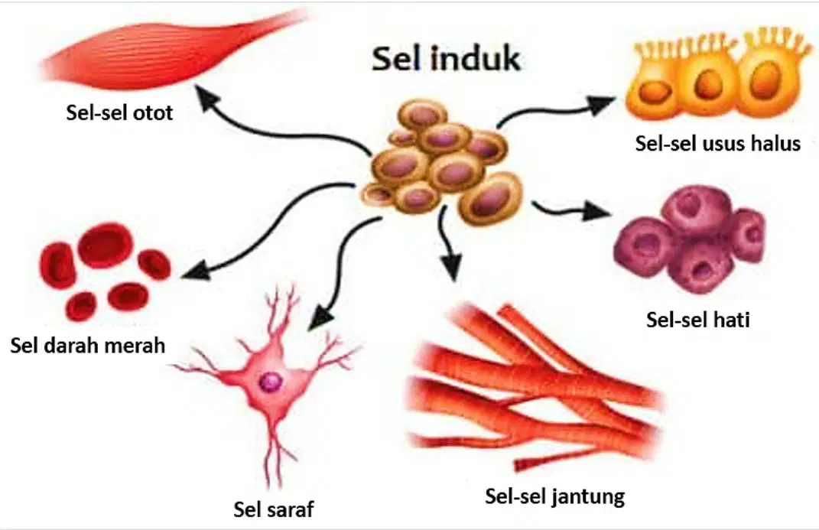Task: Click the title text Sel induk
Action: click(x=446, y=58)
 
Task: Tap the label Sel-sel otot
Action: click(x=119, y=112)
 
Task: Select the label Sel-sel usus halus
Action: click(x=717, y=143)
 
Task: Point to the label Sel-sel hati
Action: click(x=698, y=319)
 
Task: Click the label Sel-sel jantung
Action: click(x=554, y=496)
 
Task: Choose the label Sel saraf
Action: click(x=274, y=509)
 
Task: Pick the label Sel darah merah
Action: click(x=88, y=345)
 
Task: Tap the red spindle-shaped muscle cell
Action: click(x=172, y=50)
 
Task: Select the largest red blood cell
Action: click(x=106, y=245)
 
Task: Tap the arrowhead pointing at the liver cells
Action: click(x=597, y=211)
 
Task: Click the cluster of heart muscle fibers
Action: click(x=533, y=386)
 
